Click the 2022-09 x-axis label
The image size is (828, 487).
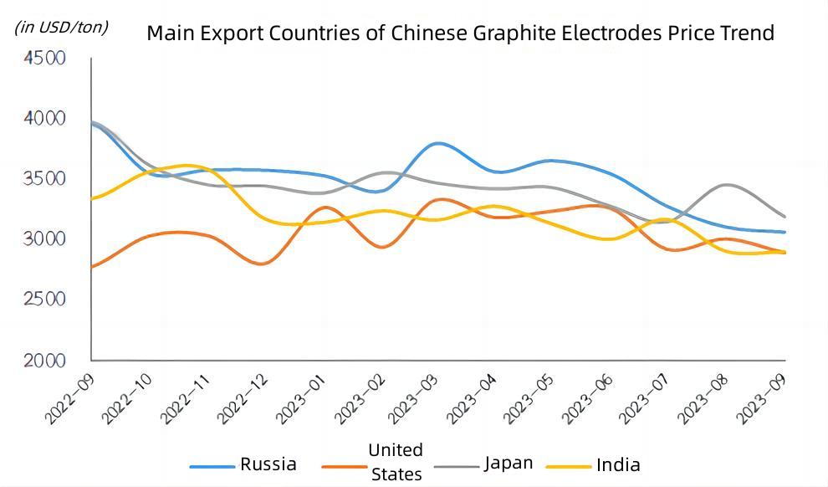pos(70,398)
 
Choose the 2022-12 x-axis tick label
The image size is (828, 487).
pos(244,398)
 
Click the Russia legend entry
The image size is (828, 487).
pos(268,464)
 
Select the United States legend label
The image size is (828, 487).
pos(396,462)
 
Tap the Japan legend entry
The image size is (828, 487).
pos(508,464)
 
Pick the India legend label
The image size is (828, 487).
pos(618,465)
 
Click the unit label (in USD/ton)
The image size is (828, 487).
pos(61,27)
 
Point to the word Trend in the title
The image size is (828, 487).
pos(748,33)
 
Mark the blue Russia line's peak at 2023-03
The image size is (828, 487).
pos(438,143)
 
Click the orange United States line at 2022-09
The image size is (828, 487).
pos(92,267)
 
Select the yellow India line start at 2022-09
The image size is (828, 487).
pos(92,199)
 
